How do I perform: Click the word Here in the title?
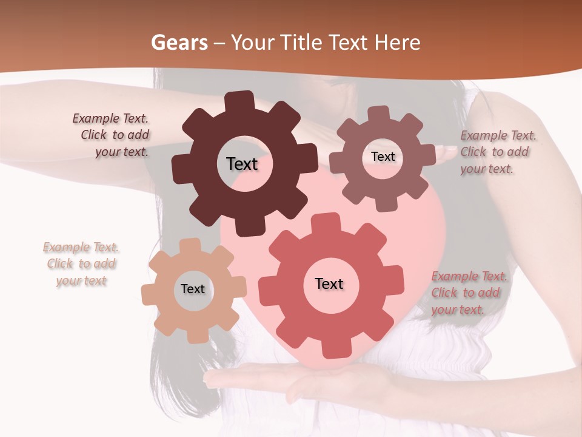point(398,42)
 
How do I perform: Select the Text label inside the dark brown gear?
point(242,164)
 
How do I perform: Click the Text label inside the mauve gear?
point(383,157)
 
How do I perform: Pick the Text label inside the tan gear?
point(193,289)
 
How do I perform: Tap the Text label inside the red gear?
point(329,283)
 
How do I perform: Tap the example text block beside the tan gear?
point(81,264)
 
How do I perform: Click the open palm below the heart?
point(291,379)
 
